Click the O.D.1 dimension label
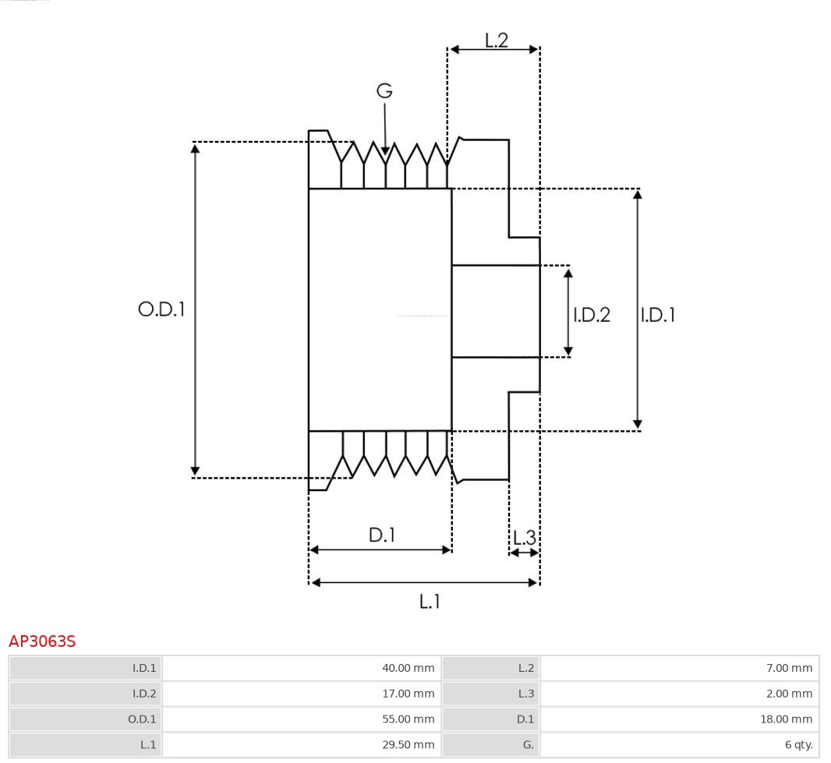point(161,309)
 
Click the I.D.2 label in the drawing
point(592,315)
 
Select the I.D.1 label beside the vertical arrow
point(658,315)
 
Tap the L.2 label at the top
point(496,41)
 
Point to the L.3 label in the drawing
point(525,537)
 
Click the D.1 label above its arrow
point(381,535)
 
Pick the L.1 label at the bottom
point(430,601)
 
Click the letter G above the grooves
point(384,91)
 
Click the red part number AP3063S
point(42,641)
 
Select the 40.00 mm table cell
point(301,668)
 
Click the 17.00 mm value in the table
point(301,694)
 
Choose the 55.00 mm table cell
point(301,719)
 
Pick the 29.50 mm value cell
point(301,745)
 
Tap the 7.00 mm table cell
point(679,668)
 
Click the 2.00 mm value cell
point(679,694)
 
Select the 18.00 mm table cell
point(679,719)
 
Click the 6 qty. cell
point(679,745)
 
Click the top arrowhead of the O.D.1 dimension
point(195,147)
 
